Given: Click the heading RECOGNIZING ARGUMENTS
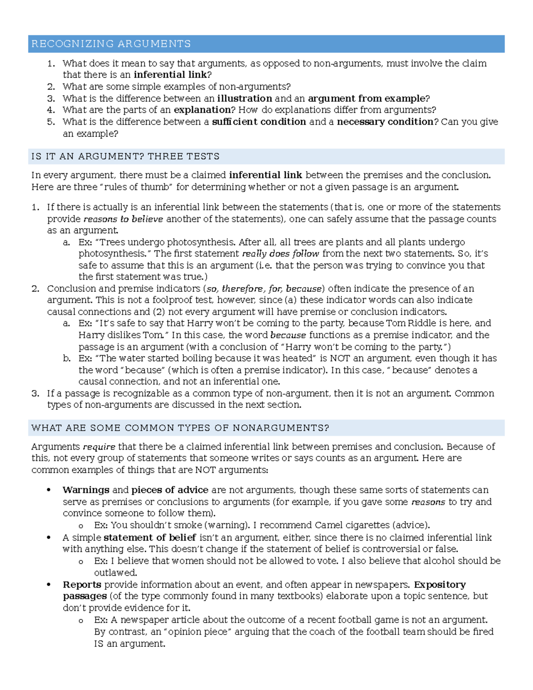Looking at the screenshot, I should pos(111,44).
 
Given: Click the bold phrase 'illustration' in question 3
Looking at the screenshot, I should pos(244,98).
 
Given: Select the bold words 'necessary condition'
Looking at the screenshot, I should pos(385,122).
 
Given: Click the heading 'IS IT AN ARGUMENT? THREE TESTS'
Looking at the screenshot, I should pos(125,156).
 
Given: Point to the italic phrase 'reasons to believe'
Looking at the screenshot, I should pos(123,219).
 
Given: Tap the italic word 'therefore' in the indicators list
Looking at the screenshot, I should pos(243,288).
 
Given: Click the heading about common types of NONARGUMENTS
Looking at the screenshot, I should pos(180,428).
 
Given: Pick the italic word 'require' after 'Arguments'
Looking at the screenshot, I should pos(99,447).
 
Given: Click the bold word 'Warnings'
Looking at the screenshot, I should pos(86,490).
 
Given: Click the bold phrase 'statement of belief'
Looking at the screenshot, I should pos(150,538).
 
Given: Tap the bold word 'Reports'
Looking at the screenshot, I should pos(82,584).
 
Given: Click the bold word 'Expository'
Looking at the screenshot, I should pos(439,584).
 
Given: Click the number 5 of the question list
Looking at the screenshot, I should pos(51,122).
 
